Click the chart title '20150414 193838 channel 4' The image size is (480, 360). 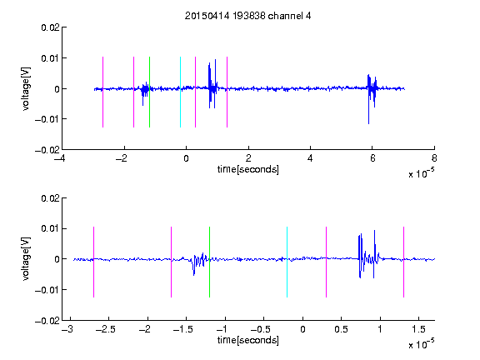click(247, 16)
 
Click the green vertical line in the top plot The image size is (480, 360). click(149, 92)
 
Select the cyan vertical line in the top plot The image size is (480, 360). click(180, 92)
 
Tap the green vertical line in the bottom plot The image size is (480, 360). click(209, 262)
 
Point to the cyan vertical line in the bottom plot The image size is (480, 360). click(287, 262)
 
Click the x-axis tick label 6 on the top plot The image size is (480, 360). click(372, 158)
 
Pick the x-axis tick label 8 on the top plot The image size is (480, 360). click(434, 158)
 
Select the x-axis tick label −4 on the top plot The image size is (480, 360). click(60, 158)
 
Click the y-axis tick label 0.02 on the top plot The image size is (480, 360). click(50, 27)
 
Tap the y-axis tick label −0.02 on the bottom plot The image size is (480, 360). click(47, 321)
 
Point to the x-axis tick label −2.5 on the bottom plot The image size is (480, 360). click(106, 329)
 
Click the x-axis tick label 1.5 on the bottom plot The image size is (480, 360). click(418, 329)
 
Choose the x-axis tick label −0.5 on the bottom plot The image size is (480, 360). click(261, 329)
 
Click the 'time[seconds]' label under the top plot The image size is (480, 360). click(248, 169)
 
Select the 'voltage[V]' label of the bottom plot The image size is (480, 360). click(26, 259)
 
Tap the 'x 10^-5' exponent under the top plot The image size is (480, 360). click(421, 173)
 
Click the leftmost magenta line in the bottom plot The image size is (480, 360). click(93, 262)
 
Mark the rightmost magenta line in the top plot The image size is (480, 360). click(227, 92)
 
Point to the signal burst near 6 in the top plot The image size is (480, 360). click(372, 92)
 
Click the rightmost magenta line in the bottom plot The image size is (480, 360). click(403, 262)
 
